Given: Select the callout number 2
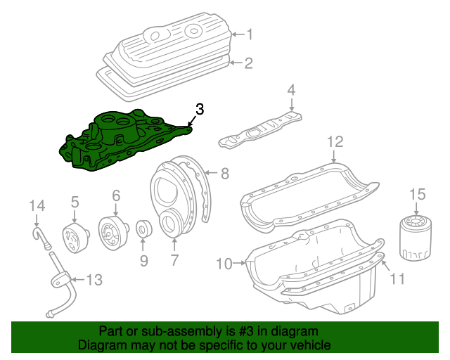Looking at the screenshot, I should pyautogui.click(x=247, y=63).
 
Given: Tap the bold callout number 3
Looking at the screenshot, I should pyautogui.click(x=200, y=109).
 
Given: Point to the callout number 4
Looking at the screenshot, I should pyautogui.click(x=291, y=90).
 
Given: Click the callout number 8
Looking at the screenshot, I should pyautogui.click(x=225, y=173).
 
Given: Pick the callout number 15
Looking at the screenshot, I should pyautogui.click(x=418, y=193).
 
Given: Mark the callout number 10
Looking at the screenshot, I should pyautogui.click(x=224, y=264).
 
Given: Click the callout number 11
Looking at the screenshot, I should pyautogui.click(x=398, y=280).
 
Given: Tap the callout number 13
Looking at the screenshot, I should pyautogui.click(x=94, y=280).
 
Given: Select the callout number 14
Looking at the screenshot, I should pyautogui.click(x=37, y=205).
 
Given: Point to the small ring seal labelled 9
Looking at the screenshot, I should pyautogui.click(x=143, y=229).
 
